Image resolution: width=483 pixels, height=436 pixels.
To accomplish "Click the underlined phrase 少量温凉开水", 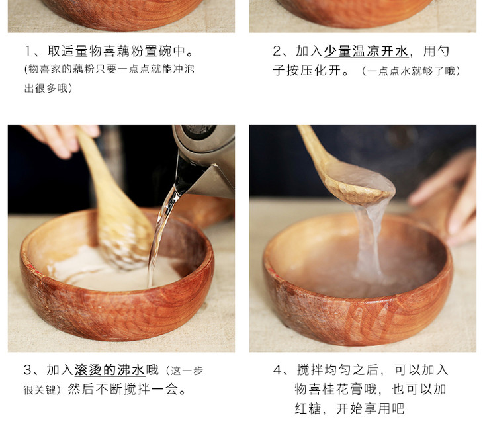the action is click(367, 51).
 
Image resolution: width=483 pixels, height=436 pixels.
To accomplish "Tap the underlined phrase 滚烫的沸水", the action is click(110, 370).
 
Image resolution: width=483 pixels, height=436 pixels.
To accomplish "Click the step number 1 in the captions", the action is click(28, 51).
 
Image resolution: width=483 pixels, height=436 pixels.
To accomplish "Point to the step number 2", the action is click(277, 51).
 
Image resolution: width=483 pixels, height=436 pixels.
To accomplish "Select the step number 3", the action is click(27, 370).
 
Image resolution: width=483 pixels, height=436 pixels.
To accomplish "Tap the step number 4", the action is click(277, 370).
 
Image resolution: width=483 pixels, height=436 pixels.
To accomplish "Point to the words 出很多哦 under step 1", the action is click(46, 89).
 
